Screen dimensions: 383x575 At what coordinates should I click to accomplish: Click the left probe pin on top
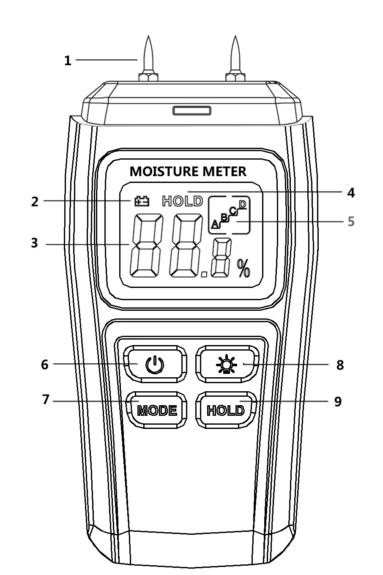[148, 58]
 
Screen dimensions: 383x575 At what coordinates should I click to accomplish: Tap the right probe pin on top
[235, 58]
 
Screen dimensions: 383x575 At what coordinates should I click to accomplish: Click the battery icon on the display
[142, 201]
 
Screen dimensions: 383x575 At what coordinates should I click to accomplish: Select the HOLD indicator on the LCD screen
[183, 201]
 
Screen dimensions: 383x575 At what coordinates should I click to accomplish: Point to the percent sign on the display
[243, 268]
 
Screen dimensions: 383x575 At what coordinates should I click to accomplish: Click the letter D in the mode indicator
[242, 205]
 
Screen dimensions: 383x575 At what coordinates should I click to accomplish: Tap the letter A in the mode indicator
[215, 224]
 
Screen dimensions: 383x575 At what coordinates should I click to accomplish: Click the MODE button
[157, 410]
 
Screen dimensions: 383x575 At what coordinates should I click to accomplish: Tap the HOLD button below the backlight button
[226, 410]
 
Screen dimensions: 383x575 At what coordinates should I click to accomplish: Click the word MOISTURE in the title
[164, 171]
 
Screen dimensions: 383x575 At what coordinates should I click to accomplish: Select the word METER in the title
[224, 171]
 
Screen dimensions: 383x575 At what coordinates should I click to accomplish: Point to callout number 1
[68, 61]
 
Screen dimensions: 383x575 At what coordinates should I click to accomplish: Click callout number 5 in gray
[351, 221]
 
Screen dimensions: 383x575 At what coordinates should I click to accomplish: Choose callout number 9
[338, 401]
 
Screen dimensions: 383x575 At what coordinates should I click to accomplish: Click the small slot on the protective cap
[192, 111]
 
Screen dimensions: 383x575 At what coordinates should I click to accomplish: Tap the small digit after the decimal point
[221, 257]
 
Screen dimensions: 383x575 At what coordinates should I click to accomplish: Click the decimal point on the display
[204, 274]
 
